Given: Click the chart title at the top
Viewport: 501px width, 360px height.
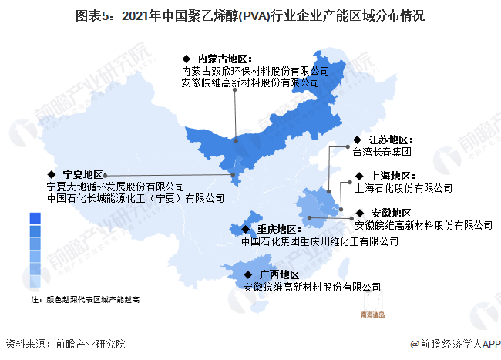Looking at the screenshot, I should pos(250,15).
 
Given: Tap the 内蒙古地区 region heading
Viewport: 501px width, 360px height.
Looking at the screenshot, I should pos(225,58).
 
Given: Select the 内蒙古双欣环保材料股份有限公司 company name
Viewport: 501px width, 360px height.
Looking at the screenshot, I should pos(254,70).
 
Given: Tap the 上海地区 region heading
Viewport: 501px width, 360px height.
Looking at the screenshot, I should pos(392,176).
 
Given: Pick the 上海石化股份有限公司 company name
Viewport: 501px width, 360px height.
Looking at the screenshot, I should pos(403,187).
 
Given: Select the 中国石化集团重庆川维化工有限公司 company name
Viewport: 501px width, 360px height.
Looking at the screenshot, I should pos(320,241).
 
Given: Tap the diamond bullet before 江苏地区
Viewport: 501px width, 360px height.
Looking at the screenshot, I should pos(356,140).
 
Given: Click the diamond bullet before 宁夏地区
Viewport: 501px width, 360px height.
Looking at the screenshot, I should pos(51,174).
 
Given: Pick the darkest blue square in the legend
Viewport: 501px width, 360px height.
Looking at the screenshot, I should pos(35,219).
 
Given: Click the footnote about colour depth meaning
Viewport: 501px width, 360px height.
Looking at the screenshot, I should pos(85,298).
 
